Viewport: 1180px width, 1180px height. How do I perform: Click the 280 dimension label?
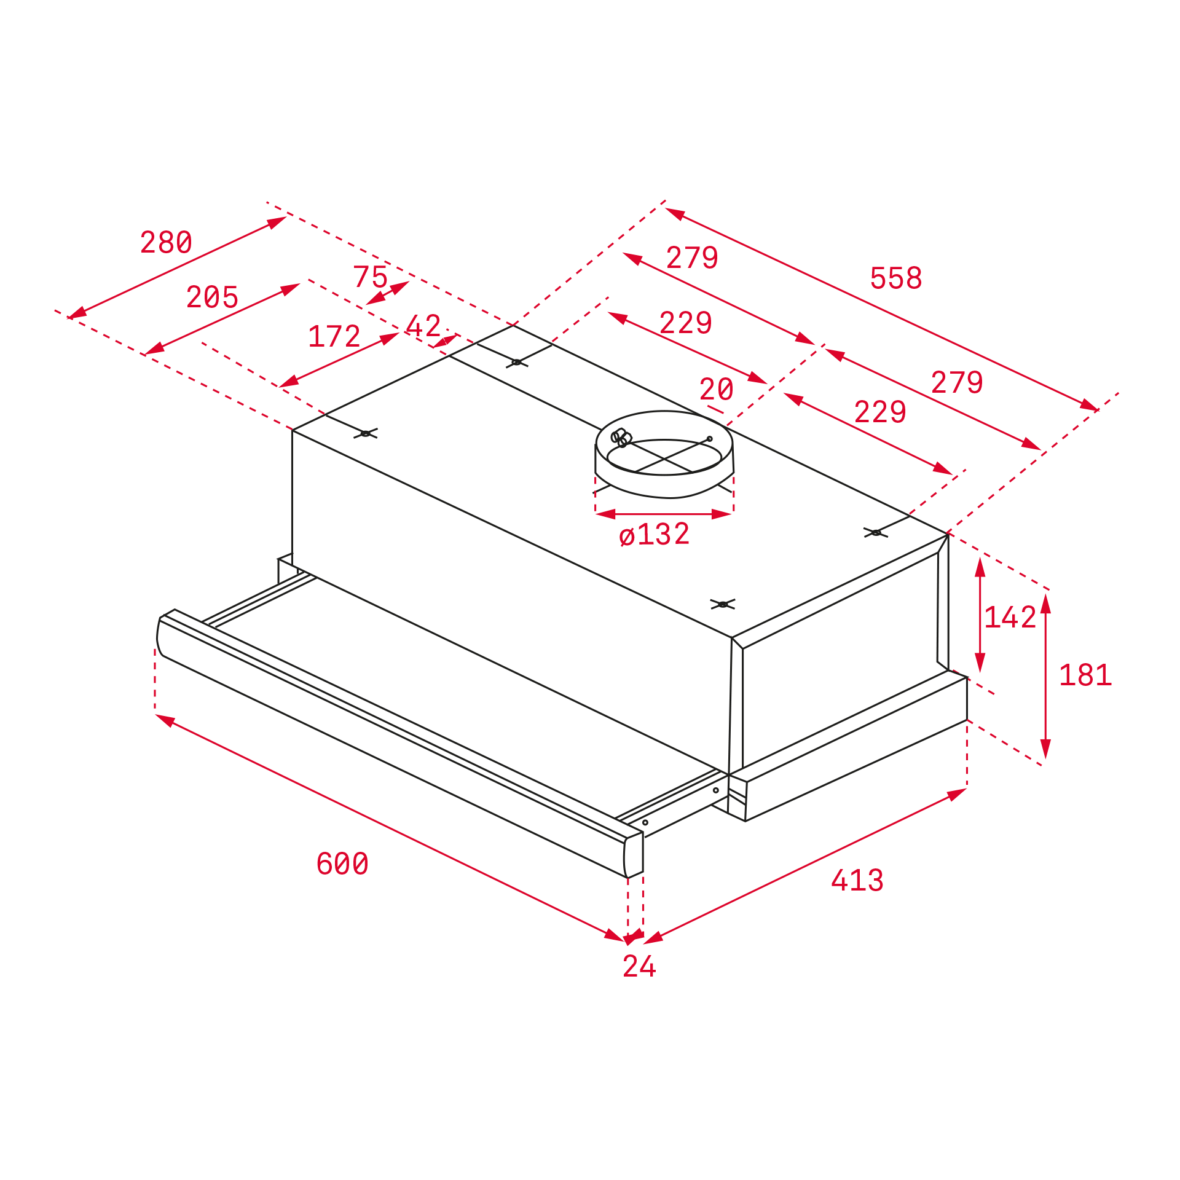(166, 242)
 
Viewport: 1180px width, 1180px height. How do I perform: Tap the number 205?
(212, 297)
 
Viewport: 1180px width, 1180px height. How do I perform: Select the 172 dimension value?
(334, 336)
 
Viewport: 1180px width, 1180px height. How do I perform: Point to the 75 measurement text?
(370, 277)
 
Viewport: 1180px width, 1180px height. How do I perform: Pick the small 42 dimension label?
(423, 326)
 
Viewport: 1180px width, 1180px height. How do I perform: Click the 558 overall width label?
(895, 278)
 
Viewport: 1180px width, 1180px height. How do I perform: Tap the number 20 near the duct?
(716, 389)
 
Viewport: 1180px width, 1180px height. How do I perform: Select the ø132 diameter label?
(654, 534)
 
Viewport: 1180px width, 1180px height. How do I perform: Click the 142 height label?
(1010, 617)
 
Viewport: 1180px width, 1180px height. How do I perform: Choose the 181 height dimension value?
(1085, 675)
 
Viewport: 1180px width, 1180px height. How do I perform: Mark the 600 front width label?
(342, 863)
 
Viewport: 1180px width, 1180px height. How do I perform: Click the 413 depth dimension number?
(857, 880)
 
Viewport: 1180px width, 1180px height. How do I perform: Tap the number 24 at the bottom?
(639, 966)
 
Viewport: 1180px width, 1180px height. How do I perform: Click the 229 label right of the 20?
(880, 412)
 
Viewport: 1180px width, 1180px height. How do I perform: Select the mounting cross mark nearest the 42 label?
(517, 363)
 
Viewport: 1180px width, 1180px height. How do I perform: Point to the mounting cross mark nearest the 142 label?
(876, 532)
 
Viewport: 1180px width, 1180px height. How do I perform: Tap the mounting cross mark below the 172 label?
(366, 433)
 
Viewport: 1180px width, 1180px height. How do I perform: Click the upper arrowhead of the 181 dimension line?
(1045, 604)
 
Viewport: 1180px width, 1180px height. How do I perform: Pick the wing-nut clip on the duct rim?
(621, 438)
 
